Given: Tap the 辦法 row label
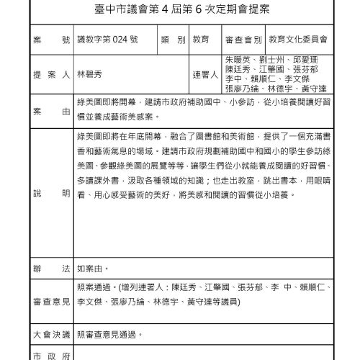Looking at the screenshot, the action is coord(51,269).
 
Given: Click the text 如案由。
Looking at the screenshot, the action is coord(93,269).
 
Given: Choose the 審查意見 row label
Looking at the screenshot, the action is coord(51,298).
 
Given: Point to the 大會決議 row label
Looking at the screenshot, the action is coord(51,334).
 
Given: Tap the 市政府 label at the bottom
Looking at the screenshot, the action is coord(51,354).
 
